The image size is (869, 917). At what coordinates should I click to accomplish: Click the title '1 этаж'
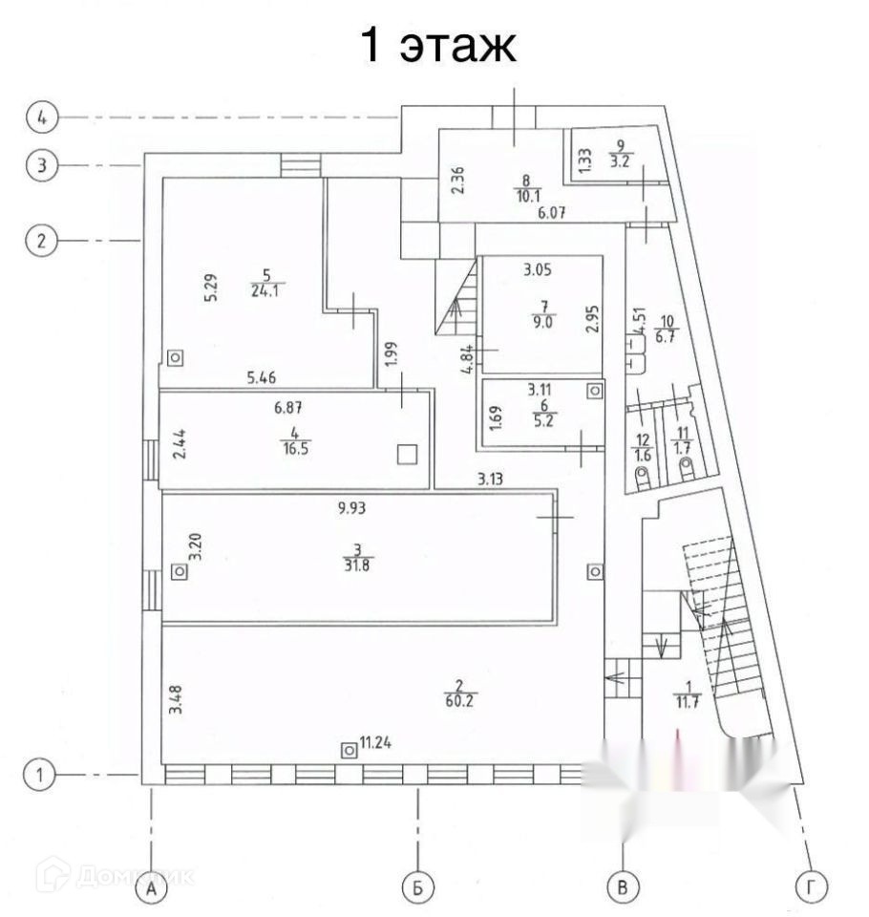pos(438,45)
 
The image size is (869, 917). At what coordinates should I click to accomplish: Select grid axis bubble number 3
pos(40,165)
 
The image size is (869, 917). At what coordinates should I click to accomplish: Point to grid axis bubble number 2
pos(40,240)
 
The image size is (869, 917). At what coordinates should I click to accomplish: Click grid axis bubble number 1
pos(40,775)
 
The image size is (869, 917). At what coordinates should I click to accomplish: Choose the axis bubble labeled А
pos(151,888)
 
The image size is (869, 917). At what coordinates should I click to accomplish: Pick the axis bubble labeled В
pos(623,888)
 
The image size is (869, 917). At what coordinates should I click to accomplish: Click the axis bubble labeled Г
pos(811,888)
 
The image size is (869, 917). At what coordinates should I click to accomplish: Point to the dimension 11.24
pos(376,741)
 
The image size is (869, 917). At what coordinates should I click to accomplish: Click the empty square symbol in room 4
pos(408,454)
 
